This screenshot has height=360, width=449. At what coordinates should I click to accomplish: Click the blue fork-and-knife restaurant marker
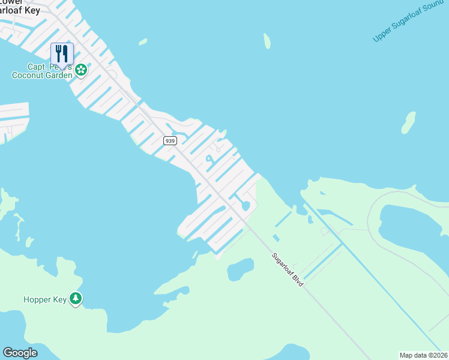62,53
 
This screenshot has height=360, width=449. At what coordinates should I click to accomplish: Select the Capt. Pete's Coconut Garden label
42,71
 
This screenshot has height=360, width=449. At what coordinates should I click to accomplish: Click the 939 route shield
170,140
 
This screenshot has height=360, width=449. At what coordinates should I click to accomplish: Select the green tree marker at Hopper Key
76,298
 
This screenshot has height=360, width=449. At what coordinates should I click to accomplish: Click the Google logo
20,353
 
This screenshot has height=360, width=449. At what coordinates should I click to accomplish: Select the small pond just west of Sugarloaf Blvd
240,269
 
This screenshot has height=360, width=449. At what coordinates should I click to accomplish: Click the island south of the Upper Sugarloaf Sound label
409,122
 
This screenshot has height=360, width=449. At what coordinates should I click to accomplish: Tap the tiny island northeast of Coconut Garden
143,42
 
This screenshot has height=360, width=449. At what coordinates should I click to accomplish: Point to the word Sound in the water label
433,10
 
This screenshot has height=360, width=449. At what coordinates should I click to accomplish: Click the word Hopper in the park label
36,299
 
